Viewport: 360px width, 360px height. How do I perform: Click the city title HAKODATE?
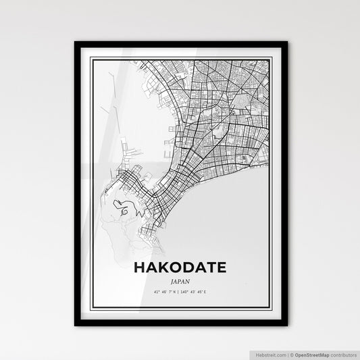(180, 267)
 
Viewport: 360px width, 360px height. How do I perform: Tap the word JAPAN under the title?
(180, 281)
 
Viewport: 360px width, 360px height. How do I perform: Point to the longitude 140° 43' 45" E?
(198, 292)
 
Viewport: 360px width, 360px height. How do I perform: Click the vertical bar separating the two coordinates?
(180, 292)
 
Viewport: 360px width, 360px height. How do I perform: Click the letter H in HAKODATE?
(140, 267)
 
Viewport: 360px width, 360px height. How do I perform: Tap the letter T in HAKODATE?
(211, 267)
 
